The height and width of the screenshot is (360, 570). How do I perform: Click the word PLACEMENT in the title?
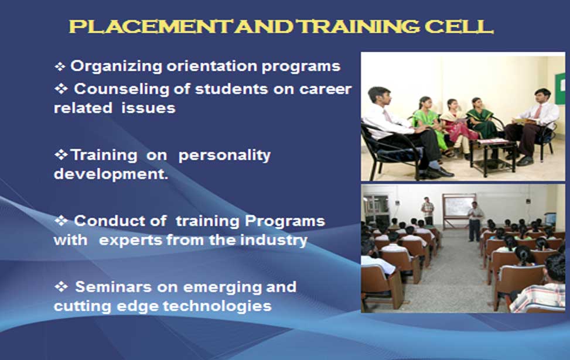point(151,26)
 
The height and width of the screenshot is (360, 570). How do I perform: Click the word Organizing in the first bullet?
point(117,67)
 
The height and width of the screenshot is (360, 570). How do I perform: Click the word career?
point(325,90)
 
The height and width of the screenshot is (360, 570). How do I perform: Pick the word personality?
point(224,156)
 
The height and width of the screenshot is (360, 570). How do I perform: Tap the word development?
point(111,174)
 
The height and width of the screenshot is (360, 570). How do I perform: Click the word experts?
point(130,241)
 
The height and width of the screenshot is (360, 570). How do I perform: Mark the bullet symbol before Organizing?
point(60,67)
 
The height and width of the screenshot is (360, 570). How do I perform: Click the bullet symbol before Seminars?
point(61,287)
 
